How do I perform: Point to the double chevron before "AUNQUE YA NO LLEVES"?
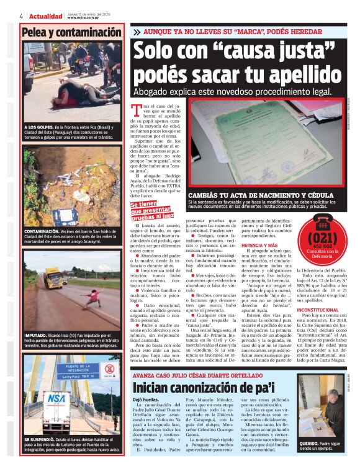[x=137, y=31]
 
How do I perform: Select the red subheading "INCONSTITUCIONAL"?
[x=318, y=310]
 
